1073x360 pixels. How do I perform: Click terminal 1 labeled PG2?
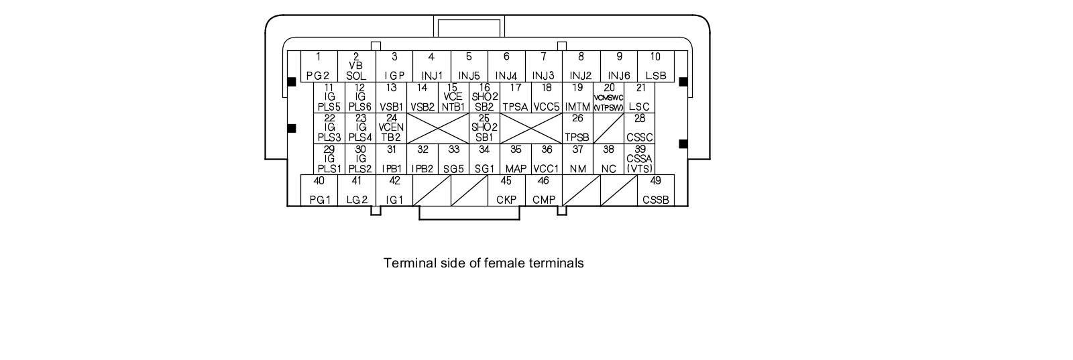319,66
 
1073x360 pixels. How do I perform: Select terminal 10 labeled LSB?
655,66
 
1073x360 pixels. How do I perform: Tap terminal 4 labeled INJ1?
431,66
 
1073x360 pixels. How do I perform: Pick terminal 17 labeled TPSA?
515,97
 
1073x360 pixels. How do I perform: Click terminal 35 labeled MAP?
515,160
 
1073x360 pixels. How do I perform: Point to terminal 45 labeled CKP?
506,190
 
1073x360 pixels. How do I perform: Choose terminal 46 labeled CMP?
543,190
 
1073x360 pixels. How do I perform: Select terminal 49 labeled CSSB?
655,190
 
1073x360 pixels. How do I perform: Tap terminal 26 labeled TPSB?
577,128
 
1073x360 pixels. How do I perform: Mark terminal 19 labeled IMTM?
577,97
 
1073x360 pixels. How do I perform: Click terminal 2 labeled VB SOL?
356,66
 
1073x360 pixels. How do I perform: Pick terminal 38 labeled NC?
608,160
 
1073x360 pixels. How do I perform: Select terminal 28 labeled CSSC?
639,128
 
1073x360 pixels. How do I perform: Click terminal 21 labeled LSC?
639,97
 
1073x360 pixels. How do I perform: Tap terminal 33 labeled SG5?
453,160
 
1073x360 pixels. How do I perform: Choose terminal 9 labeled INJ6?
618,66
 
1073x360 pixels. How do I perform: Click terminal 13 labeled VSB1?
391,97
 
